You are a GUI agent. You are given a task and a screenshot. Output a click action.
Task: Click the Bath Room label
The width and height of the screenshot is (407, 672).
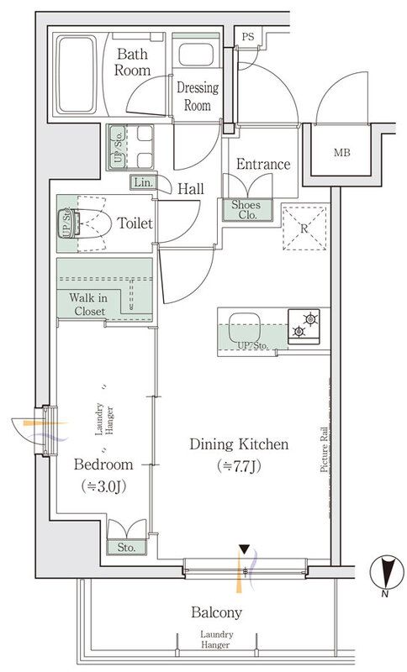pos(133,63)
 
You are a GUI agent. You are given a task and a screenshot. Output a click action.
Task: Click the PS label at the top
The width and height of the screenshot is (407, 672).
pos(247,37)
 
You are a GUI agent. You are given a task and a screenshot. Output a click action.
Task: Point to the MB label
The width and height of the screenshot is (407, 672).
pos(343,154)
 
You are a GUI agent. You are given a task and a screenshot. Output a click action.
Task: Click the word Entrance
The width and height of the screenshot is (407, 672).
pos(263,165)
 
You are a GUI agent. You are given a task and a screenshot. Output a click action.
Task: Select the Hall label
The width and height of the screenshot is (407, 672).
pos(190,189)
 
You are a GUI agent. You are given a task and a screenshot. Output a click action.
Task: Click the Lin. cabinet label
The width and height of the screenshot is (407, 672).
pos(141,182)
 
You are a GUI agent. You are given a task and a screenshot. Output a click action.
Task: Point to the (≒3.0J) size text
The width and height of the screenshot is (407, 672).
pos(103,486)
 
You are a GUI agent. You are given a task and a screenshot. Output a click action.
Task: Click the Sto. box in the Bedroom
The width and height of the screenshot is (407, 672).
pos(127,547)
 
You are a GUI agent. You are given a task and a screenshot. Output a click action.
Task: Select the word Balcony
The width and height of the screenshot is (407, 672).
pos(215,612)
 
